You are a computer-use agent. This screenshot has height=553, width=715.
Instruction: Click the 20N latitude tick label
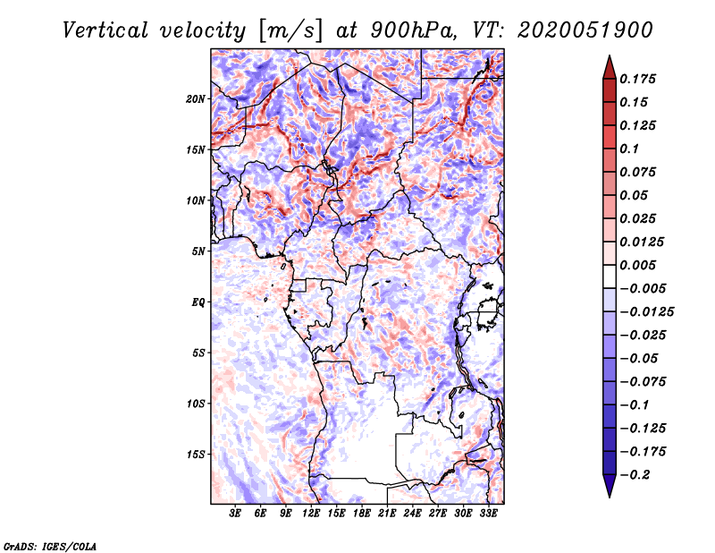(x=196, y=98)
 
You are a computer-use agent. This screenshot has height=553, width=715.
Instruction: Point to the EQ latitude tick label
(x=198, y=302)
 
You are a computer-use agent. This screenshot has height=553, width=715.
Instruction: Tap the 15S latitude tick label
(x=196, y=455)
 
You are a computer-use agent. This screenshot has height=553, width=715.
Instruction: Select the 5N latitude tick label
(x=198, y=251)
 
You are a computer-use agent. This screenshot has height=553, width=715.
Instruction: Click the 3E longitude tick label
(x=236, y=514)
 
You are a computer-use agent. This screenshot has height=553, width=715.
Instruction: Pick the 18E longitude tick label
(x=362, y=514)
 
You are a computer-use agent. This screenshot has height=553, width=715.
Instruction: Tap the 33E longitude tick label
(x=488, y=514)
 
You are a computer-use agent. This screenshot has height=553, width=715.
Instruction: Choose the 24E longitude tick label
(x=412, y=514)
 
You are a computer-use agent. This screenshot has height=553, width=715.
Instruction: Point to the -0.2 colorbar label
(x=636, y=474)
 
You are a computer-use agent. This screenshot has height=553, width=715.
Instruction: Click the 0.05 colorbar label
(x=635, y=195)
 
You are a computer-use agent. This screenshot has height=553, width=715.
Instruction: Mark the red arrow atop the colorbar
(x=609, y=66)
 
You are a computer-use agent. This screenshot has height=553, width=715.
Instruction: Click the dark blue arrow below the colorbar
(x=609, y=487)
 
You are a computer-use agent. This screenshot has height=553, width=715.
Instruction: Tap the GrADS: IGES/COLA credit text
(x=49, y=545)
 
